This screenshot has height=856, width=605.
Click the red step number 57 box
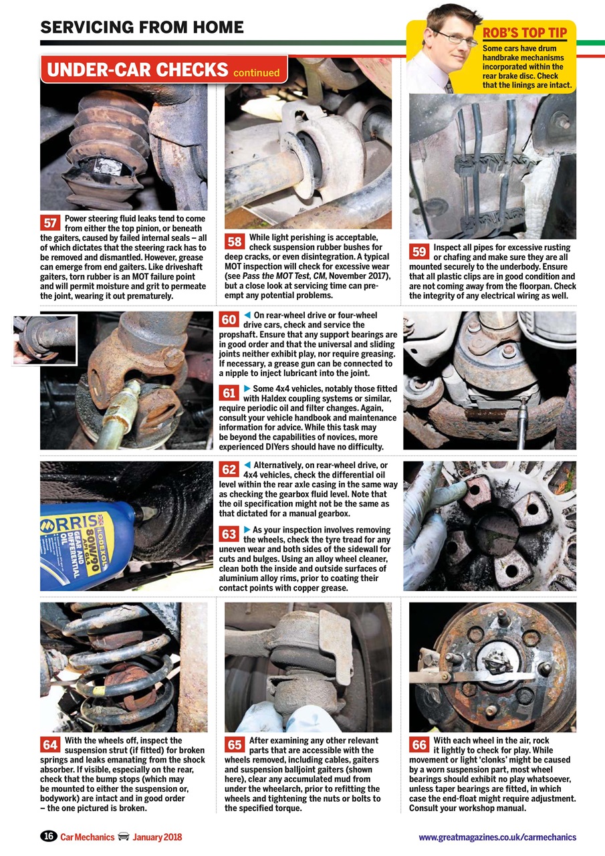[x=50, y=223]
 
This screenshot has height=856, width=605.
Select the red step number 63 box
[x=229, y=534]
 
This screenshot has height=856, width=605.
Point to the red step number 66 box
[x=419, y=744]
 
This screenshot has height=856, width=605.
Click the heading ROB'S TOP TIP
[x=525, y=33]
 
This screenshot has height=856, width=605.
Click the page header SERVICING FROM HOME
[x=142, y=27]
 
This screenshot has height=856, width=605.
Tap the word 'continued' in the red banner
[x=256, y=72]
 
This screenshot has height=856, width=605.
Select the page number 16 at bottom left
[x=48, y=837]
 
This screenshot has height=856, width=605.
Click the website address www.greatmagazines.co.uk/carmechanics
[x=497, y=837]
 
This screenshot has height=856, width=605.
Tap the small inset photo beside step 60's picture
[x=44, y=340]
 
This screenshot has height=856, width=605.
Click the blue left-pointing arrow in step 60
[x=247, y=315]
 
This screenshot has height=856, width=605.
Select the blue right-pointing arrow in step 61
[x=247, y=389]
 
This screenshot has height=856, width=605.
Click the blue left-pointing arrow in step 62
[x=247, y=465]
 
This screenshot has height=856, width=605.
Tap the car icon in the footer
[x=123, y=837]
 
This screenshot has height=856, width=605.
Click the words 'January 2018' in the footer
[x=157, y=837]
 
